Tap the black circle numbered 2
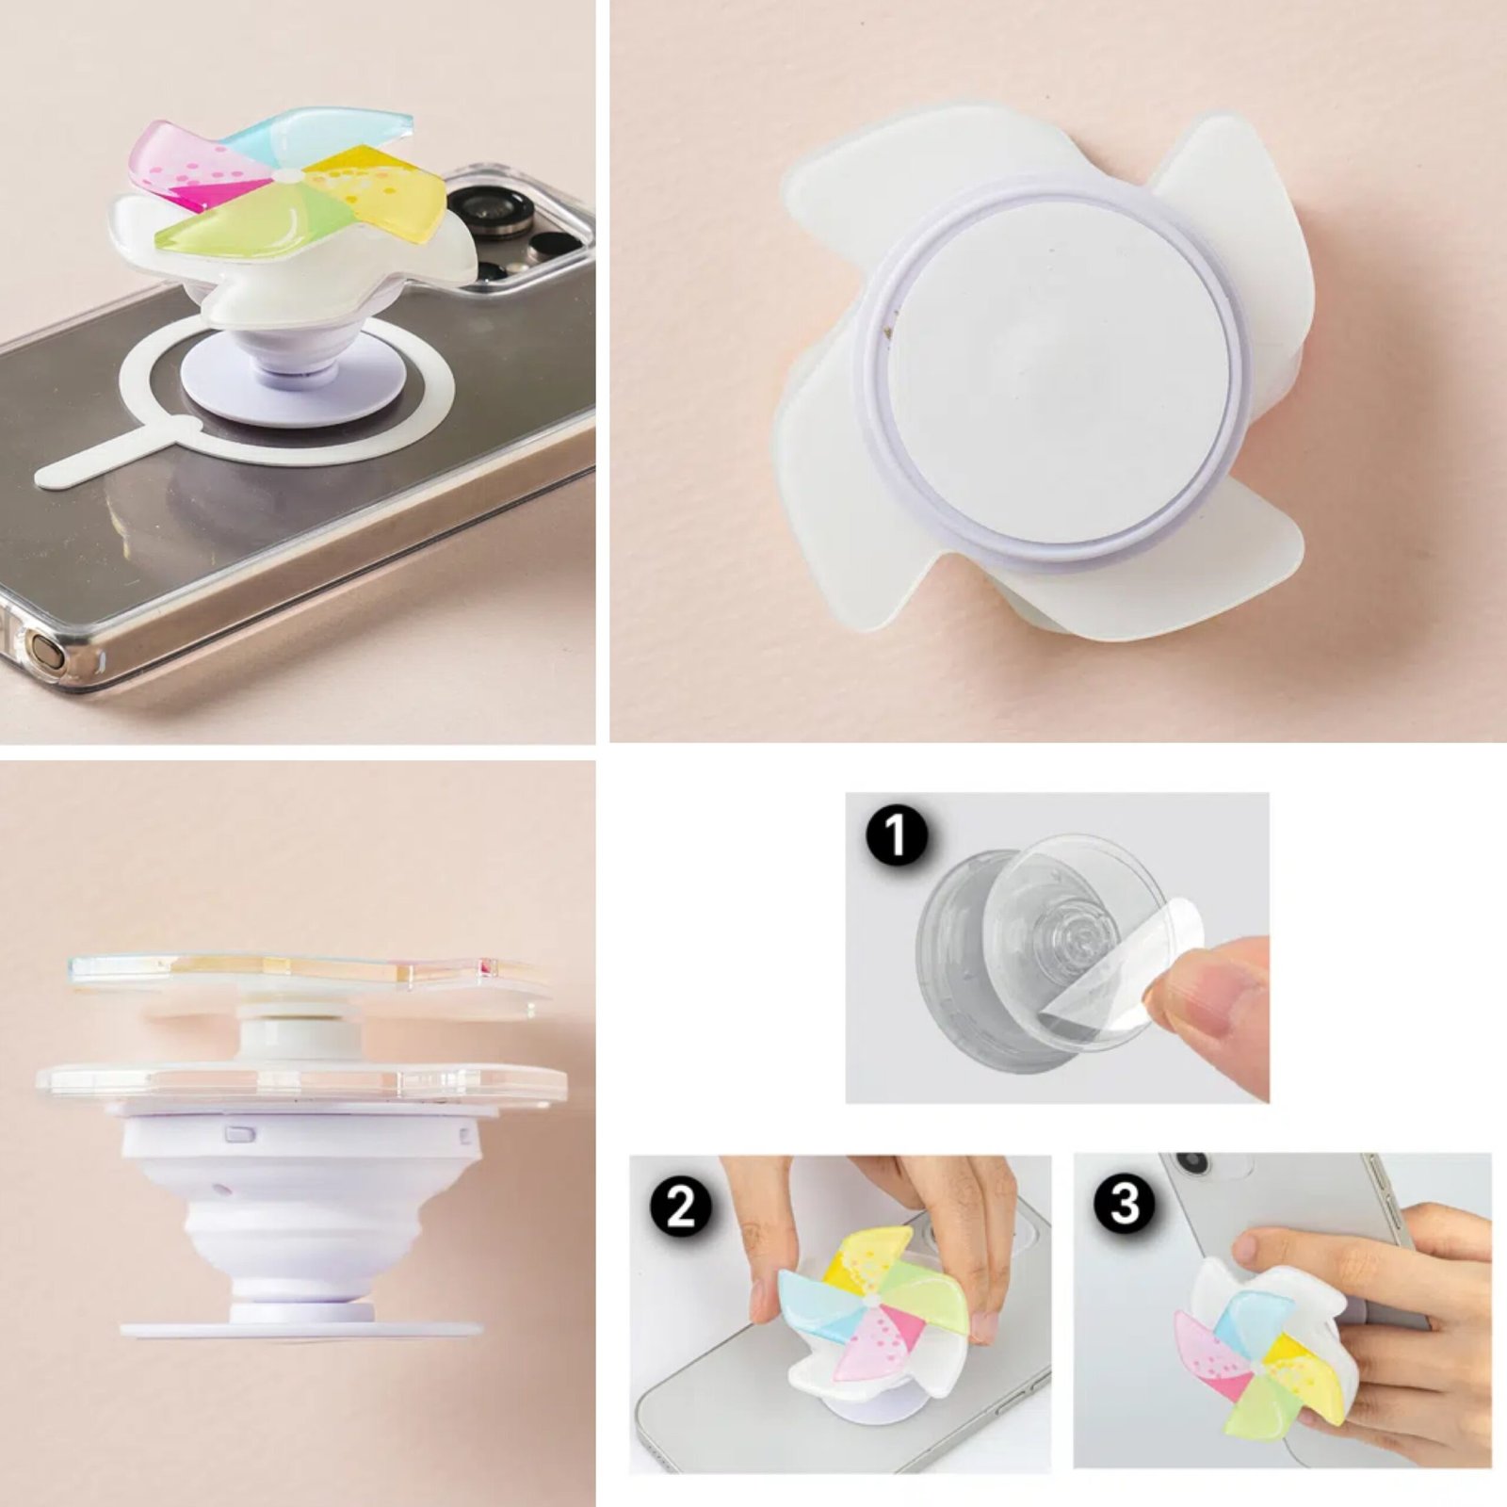click(681, 1207)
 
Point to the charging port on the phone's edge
click(43, 650)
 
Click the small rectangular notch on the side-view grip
click(239, 1133)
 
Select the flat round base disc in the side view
click(301, 1331)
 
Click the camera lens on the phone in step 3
click(1192, 1162)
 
